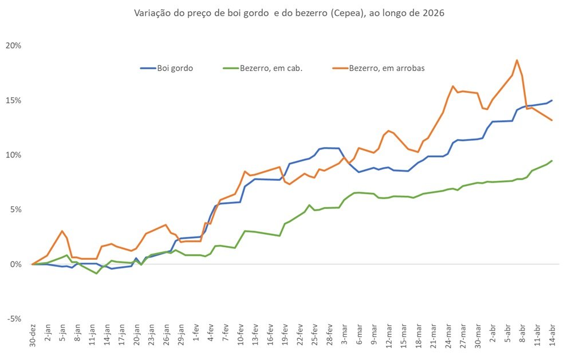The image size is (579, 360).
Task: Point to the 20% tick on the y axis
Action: pyautogui.click(x=14, y=46)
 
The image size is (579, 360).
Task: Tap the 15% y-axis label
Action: pyautogui.click(x=14, y=100)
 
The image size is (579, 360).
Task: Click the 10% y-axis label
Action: pyautogui.click(x=14, y=155)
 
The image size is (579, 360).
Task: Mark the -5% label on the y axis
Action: pyautogui.click(x=14, y=319)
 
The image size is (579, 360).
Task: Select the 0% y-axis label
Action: pyautogui.click(x=15, y=264)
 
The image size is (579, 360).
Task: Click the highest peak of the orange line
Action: pyautogui.click(x=517, y=60)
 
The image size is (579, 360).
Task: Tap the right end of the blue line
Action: pyautogui.click(x=552, y=100)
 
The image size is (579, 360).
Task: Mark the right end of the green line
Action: pyautogui.click(x=552, y=161)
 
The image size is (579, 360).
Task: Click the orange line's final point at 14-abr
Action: pyautogui.click(x=552, y=120)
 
